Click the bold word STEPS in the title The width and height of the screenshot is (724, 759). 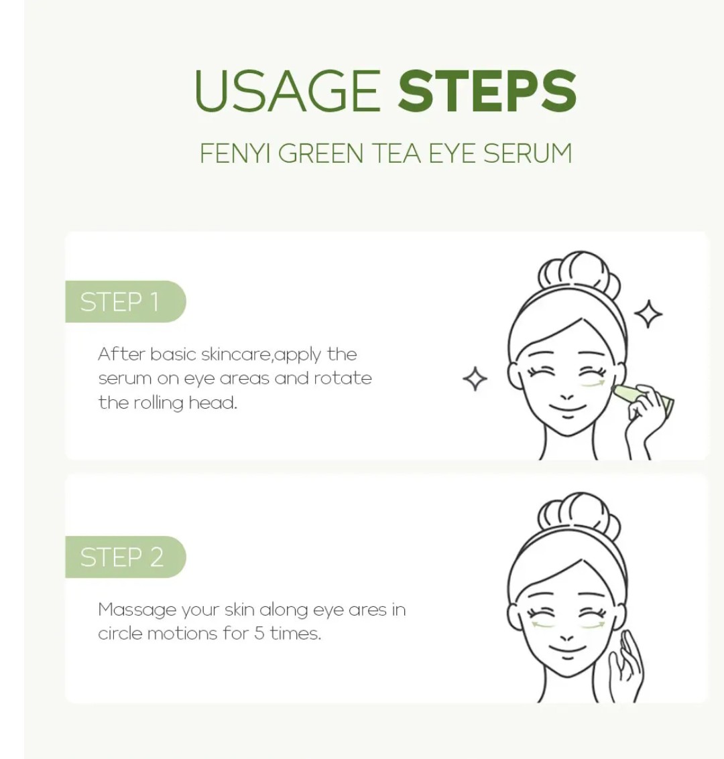tap(487, 91)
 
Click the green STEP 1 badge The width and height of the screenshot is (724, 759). tap(123, 302)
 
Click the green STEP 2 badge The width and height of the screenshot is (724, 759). tap(123, 557)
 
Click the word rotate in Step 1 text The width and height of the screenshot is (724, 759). tap(343, 378)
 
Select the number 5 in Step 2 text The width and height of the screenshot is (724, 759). tap(259, 634)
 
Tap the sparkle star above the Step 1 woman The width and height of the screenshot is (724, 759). tap(648, 314)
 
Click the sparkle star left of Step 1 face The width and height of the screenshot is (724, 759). tap(475, 379)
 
